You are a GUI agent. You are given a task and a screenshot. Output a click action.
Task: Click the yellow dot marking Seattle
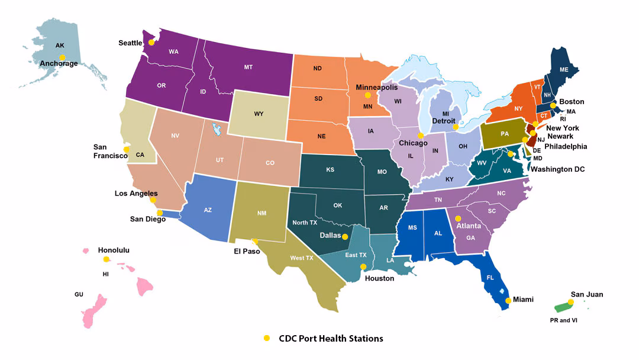coord(151,43)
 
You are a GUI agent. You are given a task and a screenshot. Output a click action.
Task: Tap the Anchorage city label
coord(59,63)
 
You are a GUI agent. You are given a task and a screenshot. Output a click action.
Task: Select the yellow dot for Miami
coord(508,301)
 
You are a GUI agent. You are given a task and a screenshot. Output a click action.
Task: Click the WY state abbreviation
coord(258,113)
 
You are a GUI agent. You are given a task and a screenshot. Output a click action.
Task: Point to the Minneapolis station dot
coord(367,95)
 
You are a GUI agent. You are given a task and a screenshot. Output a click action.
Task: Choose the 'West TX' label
coord(302,258)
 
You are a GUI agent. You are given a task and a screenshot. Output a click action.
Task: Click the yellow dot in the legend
coord(266,338)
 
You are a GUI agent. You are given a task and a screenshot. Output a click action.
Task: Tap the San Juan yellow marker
coord(570,302)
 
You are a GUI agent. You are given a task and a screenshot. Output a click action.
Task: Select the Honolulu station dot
coord(106,259)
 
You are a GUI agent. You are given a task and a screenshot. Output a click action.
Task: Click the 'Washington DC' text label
coord(557,169)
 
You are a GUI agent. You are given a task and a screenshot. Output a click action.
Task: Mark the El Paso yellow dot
coord(255,242)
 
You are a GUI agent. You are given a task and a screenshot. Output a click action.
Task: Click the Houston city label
coord(379,278)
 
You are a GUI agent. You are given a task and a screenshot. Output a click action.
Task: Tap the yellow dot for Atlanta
coord(457,218)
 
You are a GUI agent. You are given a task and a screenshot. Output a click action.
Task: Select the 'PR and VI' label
coord(563,320)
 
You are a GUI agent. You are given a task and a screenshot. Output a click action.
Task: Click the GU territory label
coord(79,294)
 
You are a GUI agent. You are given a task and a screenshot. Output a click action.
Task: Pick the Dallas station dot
coord(345,237)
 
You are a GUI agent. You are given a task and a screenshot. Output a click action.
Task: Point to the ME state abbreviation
coord(563,69)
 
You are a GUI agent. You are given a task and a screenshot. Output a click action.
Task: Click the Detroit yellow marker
coord(455,127)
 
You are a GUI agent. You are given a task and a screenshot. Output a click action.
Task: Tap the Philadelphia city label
coord(565,146)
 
